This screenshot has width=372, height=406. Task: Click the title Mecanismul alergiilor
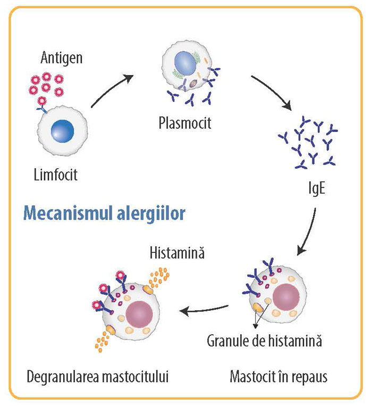(x=104, y=214)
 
